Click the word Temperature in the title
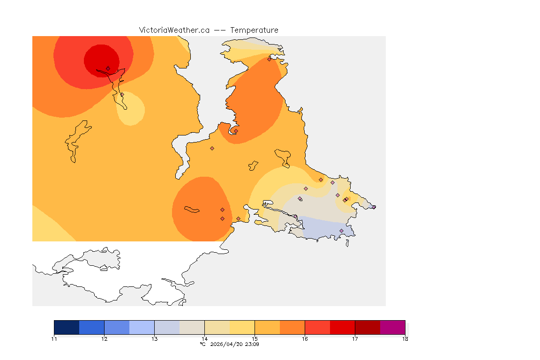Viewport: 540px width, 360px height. [255, 30]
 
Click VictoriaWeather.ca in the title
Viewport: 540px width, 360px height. [174, 30]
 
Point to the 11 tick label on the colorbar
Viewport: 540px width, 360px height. [54, 338]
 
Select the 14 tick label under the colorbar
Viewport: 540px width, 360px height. [204, 338]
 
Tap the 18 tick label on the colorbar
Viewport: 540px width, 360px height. [405, 338]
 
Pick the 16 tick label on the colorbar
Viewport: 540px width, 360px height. [305, 338]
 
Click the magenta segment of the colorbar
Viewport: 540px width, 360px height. [392, 327]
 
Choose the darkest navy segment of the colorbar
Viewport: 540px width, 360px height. [67, 327]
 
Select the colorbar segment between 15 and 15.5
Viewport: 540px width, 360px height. [267, 327]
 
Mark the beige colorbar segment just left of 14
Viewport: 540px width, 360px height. [192, 327]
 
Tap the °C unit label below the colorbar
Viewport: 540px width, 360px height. [202, 344]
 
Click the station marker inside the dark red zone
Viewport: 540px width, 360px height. [108, 68]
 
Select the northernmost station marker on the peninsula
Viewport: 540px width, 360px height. [269, 59]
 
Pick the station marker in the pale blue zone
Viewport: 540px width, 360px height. [341, 231]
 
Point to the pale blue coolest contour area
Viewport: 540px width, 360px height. [323, 227]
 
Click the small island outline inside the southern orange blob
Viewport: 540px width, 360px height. [192, 210]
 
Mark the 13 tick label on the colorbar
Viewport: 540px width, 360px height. [154, 338]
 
